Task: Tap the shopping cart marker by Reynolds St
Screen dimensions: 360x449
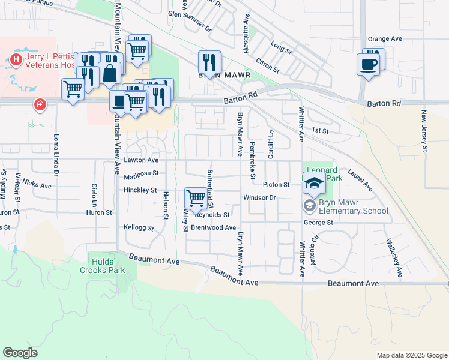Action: (x=196, y=197)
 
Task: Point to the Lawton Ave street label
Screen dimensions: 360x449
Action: (x=142, y=160)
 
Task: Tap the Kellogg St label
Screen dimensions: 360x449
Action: (x=139, y=228)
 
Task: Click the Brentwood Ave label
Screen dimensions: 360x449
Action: (x=213, y=228)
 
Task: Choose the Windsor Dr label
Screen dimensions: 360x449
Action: (x=259, y=197)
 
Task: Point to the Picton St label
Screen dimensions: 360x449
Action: (x=277, y=185)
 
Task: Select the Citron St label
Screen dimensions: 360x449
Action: (x=268, y=65)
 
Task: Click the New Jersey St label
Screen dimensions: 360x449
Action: (x=424, y=130)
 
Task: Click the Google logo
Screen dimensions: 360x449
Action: (x=20, y=353)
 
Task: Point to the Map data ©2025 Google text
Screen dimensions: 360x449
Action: (x=411, y=355)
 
